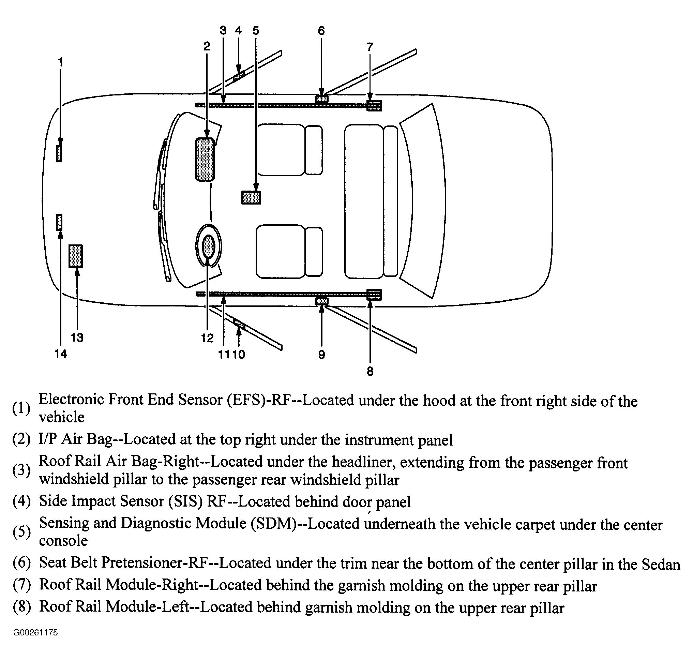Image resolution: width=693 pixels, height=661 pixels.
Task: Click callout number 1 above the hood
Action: [60, 62]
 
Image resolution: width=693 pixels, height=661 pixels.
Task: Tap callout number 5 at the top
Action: [255, 31]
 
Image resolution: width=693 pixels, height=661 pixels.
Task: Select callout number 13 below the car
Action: [77, 337]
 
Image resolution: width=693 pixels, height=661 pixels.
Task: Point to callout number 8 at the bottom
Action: [370, 371]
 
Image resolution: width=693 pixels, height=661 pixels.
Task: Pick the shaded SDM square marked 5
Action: [251, 197]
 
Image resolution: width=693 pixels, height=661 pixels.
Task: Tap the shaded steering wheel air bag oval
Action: [208, 246]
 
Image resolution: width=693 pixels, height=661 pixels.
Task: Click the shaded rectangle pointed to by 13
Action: [75, 256]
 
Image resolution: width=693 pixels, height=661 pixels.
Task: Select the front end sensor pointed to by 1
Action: [59, 153]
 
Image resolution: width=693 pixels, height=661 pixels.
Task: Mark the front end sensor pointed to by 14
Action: [59, 222]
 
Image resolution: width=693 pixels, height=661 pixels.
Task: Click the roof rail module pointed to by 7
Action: [374, 105]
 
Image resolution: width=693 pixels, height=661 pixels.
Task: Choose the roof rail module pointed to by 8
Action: [374, 295]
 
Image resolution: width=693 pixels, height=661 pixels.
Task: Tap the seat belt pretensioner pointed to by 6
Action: [321, 99]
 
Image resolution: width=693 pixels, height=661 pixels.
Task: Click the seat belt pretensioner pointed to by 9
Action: [321, 301]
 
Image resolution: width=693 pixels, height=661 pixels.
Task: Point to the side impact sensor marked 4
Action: [239, 76]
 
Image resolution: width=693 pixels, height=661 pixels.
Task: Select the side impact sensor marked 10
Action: [239, 323]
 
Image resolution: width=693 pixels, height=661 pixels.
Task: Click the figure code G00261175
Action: [35, 632]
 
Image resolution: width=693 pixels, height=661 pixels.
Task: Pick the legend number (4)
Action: [21, 501]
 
